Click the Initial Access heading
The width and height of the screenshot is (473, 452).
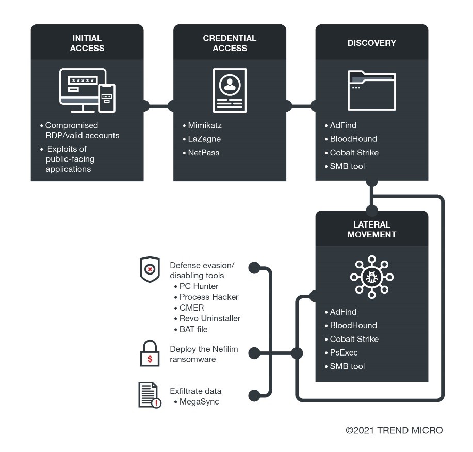(87, 43)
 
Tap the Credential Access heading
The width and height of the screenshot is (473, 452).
(230, 43)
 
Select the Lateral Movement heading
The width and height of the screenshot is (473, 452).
(371, 230)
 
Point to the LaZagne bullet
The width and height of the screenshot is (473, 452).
(203, 139)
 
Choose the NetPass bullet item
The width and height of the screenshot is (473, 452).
(203, 153)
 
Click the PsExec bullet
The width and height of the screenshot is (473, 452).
(344, 352)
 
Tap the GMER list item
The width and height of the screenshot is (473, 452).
(191, 308)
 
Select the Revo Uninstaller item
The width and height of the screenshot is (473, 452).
(209, 318)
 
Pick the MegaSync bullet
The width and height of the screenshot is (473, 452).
(199, 401)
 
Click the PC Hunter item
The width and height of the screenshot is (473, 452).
(199, 286)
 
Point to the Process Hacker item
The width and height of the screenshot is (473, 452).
(209, 297)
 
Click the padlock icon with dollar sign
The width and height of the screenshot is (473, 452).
(150, 354)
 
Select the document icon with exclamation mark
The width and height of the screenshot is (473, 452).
(149, 395)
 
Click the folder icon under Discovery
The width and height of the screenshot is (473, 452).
(371, 91)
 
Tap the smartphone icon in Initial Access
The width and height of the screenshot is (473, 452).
(108, 98)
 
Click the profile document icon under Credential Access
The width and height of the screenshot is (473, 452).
(230, 91)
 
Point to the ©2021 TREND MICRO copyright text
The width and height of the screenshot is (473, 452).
(394, 430)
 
